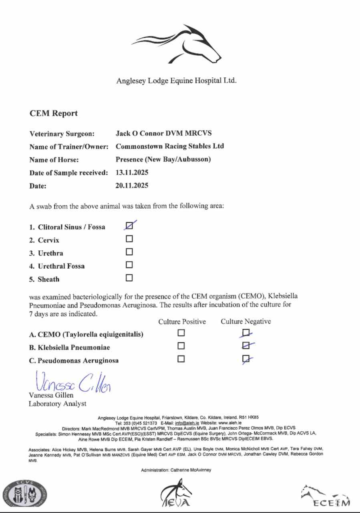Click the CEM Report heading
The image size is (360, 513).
(x=54, y=113)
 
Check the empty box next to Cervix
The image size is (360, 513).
(x=129, y=239)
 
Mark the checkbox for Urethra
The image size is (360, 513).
(x=129, y=252)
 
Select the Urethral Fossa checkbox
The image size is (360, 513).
(x=129, y=265)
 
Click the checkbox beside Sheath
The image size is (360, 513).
(x=129, y=278)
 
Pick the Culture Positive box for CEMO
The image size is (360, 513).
(x=181, y=333)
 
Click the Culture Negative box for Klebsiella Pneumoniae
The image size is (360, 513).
(x=246, y=346)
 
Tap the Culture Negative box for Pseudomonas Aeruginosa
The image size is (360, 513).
(x=246, y=359)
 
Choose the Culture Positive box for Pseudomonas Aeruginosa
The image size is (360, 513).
(x=181, y=359)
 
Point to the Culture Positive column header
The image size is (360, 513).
(x=182, y=322)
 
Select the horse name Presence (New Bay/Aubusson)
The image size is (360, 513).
(x=163, y=159)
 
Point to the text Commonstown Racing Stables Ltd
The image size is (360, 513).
(x=169, y=146)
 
